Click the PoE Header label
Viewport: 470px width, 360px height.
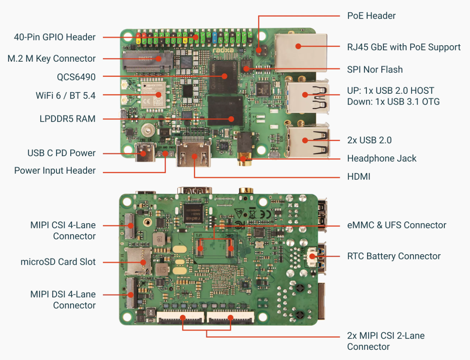tap(371, 16)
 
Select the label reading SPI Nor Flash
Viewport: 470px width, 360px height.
tap(375, 70)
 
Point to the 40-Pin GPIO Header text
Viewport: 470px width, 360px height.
tap(55, 37)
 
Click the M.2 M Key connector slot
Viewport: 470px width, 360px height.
tap(147, 61)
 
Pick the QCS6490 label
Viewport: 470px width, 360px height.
tap(76, 77)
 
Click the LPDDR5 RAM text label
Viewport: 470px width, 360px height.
tap(68, 119)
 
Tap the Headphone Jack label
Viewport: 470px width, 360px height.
tap(382, 159)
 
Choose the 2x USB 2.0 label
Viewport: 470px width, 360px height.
tap(369, 140)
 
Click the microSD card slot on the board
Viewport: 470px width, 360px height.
tap(138, 261)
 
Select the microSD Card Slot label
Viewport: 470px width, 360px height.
tap(58, 262)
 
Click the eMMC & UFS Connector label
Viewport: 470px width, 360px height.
tap(397, 225)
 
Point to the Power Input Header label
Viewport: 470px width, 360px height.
tap(55, 171)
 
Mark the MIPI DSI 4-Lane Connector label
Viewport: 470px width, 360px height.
tap(63, 300)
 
